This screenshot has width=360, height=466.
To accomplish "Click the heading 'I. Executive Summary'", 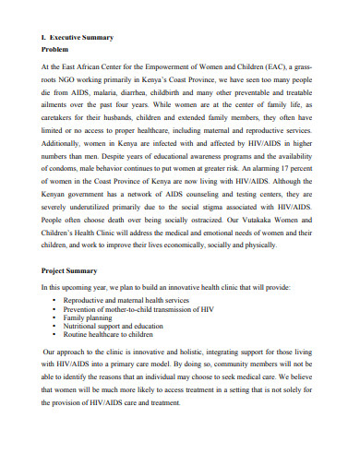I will [78, 37].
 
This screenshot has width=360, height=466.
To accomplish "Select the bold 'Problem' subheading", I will [58, 51].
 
